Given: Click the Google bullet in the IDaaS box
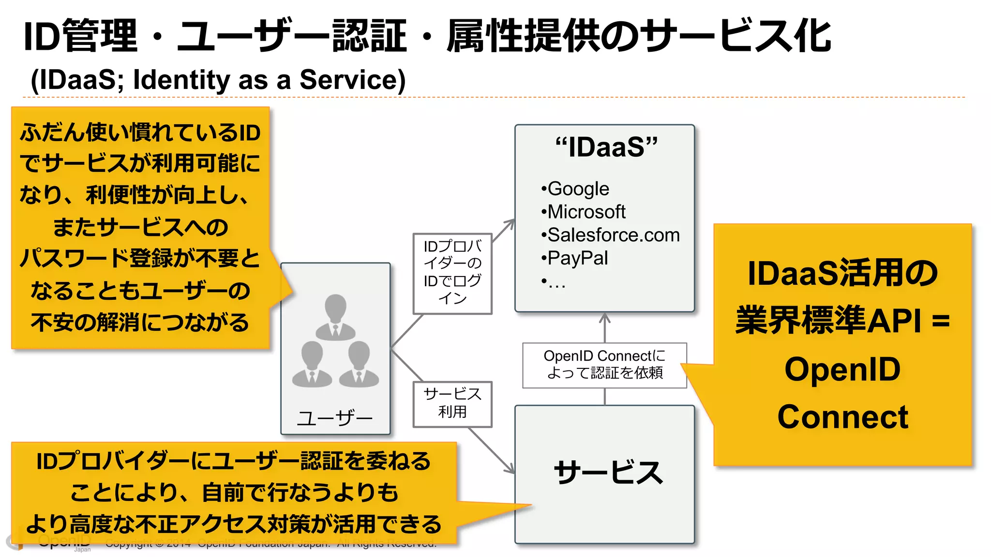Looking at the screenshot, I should pos(576,189).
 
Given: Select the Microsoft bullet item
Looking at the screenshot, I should pos(584,212).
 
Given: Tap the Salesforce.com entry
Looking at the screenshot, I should pos(611,235).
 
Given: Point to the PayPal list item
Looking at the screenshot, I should pos(575,258).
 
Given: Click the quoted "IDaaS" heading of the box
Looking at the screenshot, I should pos(606,147).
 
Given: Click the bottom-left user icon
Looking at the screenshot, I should pos(312,364).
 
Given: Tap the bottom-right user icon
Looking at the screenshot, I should pos(359,364).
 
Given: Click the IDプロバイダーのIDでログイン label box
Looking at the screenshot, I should pos(452,274).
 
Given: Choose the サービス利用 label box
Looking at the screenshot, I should pos(452,404).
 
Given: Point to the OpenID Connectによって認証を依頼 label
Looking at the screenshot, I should pos(604,365).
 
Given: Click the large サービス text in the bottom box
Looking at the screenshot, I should pos(608,472).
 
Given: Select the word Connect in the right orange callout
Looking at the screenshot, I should pos(842,417).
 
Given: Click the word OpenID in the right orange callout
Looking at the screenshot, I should pos(842,369).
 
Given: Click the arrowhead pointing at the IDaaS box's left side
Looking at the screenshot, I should pos(510,223).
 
